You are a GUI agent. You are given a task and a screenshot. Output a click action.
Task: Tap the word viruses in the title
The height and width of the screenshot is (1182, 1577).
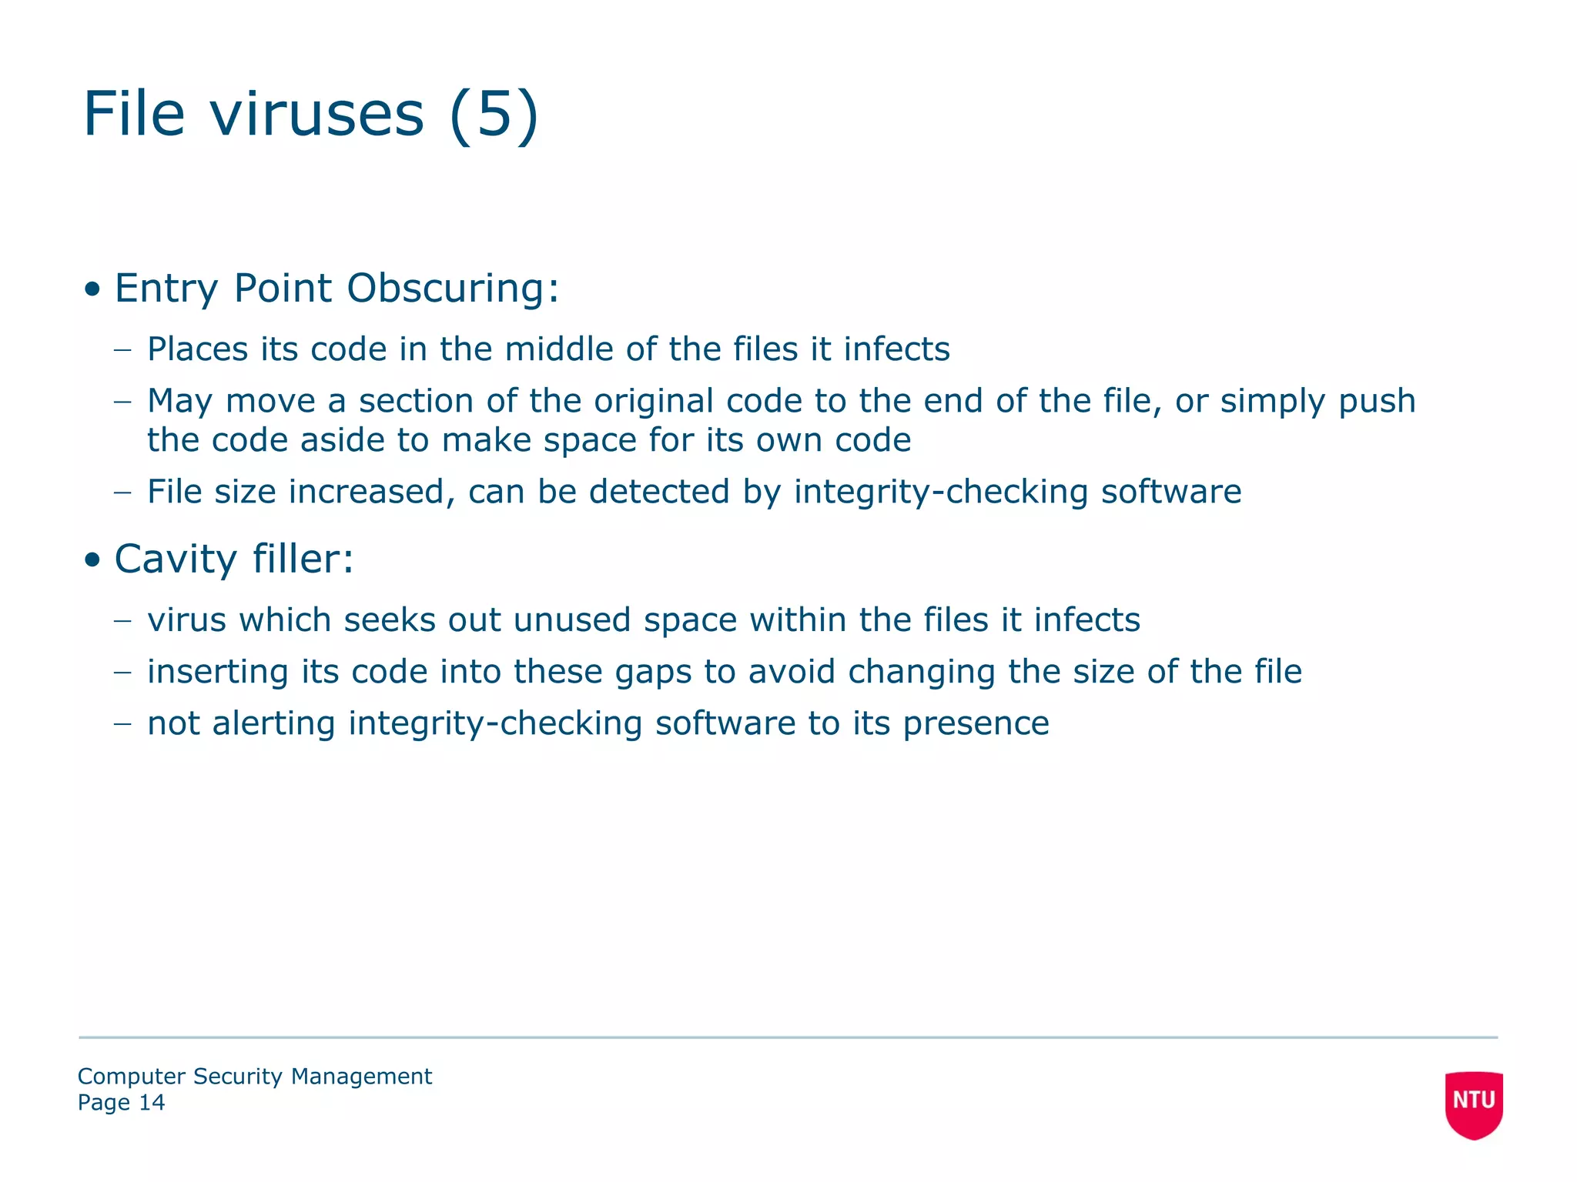pos(317,114)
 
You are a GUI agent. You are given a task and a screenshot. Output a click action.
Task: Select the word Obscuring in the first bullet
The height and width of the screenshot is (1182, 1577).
pos(453,289)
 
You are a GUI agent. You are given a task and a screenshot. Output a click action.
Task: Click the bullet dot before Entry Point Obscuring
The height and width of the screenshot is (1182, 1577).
pos(93,290)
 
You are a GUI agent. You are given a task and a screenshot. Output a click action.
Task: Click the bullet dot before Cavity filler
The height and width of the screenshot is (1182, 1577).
pos(93,560)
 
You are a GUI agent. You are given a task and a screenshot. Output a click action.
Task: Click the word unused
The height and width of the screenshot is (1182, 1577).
pos(572,620)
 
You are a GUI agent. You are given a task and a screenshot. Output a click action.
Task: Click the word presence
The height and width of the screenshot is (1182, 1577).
pos(976,724)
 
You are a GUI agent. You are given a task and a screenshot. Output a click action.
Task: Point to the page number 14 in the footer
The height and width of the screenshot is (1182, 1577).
pos(152,1103)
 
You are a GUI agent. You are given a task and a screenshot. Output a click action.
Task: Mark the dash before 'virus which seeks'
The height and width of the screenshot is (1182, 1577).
pos(122,620)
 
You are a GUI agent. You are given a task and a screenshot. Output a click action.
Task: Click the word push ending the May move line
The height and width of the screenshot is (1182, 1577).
pos(1377,402)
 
